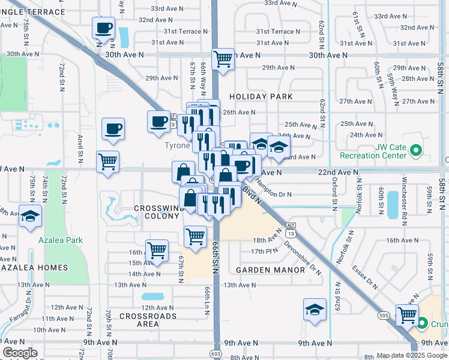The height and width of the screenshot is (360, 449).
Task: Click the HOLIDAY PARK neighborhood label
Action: (x=261, y=97)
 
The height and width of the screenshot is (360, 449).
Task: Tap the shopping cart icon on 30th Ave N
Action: (x=223, y=59)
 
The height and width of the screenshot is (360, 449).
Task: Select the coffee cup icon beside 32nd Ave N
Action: (x=103, y=28)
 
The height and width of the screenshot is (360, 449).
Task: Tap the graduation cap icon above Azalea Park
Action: (x=30, y=217)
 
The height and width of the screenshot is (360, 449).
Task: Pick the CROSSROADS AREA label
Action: (x=148, y=320)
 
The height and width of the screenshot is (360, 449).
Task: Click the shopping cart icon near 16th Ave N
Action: (x=157, y=250)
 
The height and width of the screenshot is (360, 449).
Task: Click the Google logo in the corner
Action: (x=20, y=353)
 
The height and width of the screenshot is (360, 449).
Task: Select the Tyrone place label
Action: (x=178, y=145)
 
